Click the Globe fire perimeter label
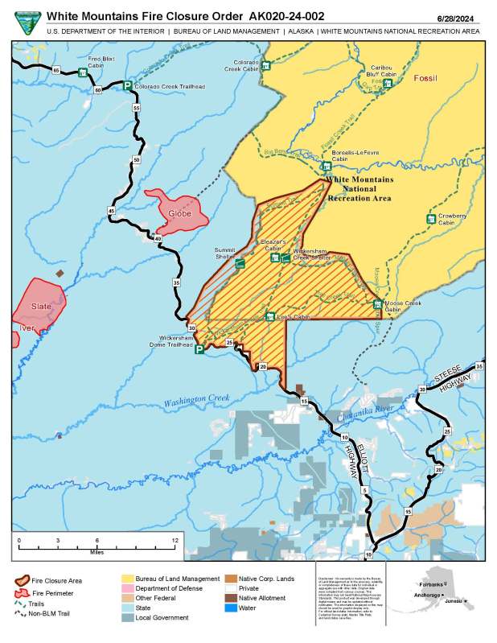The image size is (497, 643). (x=178, y=214)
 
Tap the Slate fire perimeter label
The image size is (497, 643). (x=41, y=307)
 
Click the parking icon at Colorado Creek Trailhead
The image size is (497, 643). (x=127, y=85)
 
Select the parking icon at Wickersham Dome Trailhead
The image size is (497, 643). (x=199, y=349)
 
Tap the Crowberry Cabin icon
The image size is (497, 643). (x=430, y=219)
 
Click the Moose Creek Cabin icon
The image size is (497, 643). (x=378, y=303)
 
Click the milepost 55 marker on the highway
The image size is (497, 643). (x=137, y=107)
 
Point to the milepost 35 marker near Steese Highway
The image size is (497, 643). (x=479, y=367)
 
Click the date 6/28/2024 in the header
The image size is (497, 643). (x=472, y=16)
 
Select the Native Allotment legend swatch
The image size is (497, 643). (x=231, y=598)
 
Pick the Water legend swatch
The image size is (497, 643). (x=231, y=608)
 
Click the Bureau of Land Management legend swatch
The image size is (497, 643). (x=128, y=579)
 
